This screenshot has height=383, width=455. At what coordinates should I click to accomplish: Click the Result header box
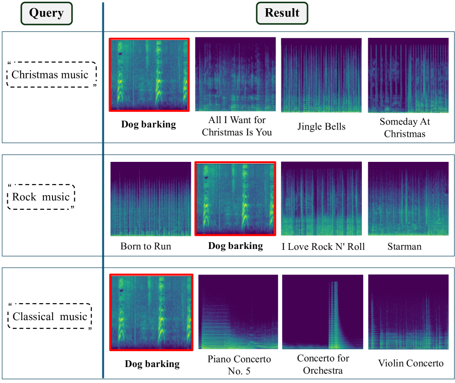[x=282, y=13]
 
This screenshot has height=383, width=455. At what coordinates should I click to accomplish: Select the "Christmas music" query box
[x=50, y=75]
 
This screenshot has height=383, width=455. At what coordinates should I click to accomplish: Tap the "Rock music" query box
[x=41, y=197]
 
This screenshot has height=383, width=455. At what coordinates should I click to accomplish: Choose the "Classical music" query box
[x=50, y=316]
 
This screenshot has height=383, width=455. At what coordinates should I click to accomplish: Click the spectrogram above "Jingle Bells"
[x=321, y=75]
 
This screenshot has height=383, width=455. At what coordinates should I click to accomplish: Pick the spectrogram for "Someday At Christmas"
[x=408, y=75]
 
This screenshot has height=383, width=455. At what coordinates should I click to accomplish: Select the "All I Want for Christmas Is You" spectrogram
[x=235, y=74]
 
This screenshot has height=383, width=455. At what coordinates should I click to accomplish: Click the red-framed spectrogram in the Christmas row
[x=149, y=75]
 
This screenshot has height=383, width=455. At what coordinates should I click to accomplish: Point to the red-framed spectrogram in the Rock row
[x=235, y=199]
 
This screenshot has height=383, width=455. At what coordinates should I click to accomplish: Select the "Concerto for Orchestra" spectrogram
[x=322, y=312]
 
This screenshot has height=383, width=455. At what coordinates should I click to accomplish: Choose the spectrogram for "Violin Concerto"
[x=408, y=312]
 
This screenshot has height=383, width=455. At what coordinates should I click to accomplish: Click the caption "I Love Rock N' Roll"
[x=323, y=247]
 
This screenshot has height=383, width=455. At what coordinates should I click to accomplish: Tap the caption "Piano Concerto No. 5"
[x=239, y=365]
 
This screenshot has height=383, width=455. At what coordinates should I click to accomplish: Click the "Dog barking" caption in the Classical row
[x=152, y=364]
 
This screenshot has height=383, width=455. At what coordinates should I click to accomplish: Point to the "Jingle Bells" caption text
[x=321, y=126]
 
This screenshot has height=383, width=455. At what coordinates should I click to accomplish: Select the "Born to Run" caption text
[x=146, y=246]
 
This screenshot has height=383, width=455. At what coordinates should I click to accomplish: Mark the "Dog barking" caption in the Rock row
[x=235, y=246]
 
